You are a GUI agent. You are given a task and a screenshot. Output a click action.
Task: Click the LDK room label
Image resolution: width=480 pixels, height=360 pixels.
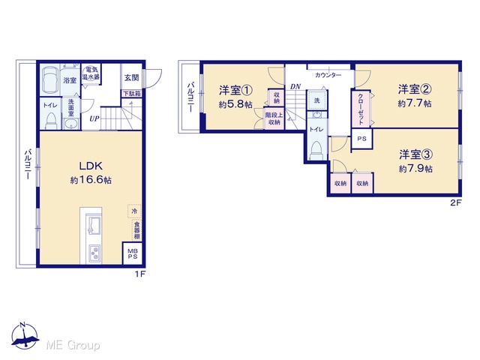pos(91,166)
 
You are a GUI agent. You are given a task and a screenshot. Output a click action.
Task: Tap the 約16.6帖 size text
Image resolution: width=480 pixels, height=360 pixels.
pos(91,180)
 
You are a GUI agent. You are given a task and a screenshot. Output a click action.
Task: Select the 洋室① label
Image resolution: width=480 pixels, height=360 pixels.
pos(235,90)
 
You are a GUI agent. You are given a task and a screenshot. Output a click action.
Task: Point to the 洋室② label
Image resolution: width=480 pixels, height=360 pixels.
pos(415,89)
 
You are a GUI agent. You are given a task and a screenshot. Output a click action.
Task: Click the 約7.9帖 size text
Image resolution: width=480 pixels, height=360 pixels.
pos(415,169)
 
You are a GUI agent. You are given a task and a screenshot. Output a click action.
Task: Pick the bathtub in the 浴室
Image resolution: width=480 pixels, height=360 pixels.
pos(50,79)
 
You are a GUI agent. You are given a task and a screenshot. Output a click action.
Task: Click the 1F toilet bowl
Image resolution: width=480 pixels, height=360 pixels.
pos(50,121)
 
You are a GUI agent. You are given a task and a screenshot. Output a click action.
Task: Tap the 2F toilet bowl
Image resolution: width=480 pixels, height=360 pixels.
pos(316,150)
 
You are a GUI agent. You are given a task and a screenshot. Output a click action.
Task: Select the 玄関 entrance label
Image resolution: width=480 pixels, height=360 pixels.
pos(132,78)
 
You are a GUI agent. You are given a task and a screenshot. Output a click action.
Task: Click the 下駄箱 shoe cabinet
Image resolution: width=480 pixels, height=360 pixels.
pos(132,94)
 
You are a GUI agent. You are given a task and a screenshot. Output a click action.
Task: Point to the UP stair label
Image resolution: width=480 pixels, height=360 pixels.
pos(94,118)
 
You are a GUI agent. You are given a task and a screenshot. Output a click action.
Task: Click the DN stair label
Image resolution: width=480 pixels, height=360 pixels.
pos(295,87)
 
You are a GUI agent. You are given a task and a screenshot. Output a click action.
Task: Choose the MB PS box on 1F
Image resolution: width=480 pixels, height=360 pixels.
pos(133,253)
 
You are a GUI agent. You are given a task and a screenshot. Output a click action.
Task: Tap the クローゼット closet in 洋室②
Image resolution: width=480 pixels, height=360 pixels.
pos(361,109)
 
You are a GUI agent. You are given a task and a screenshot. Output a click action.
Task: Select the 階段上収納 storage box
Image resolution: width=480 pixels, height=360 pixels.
pos(274,118)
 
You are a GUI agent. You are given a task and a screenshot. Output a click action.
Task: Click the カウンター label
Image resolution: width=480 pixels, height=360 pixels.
pos(328,75)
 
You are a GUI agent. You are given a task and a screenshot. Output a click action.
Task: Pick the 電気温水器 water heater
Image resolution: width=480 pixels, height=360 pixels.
pos(91,73)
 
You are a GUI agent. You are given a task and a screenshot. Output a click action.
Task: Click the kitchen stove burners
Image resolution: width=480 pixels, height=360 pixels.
pos(94,253)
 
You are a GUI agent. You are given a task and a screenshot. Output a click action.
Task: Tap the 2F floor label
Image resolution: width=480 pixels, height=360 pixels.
pos(455,202)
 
